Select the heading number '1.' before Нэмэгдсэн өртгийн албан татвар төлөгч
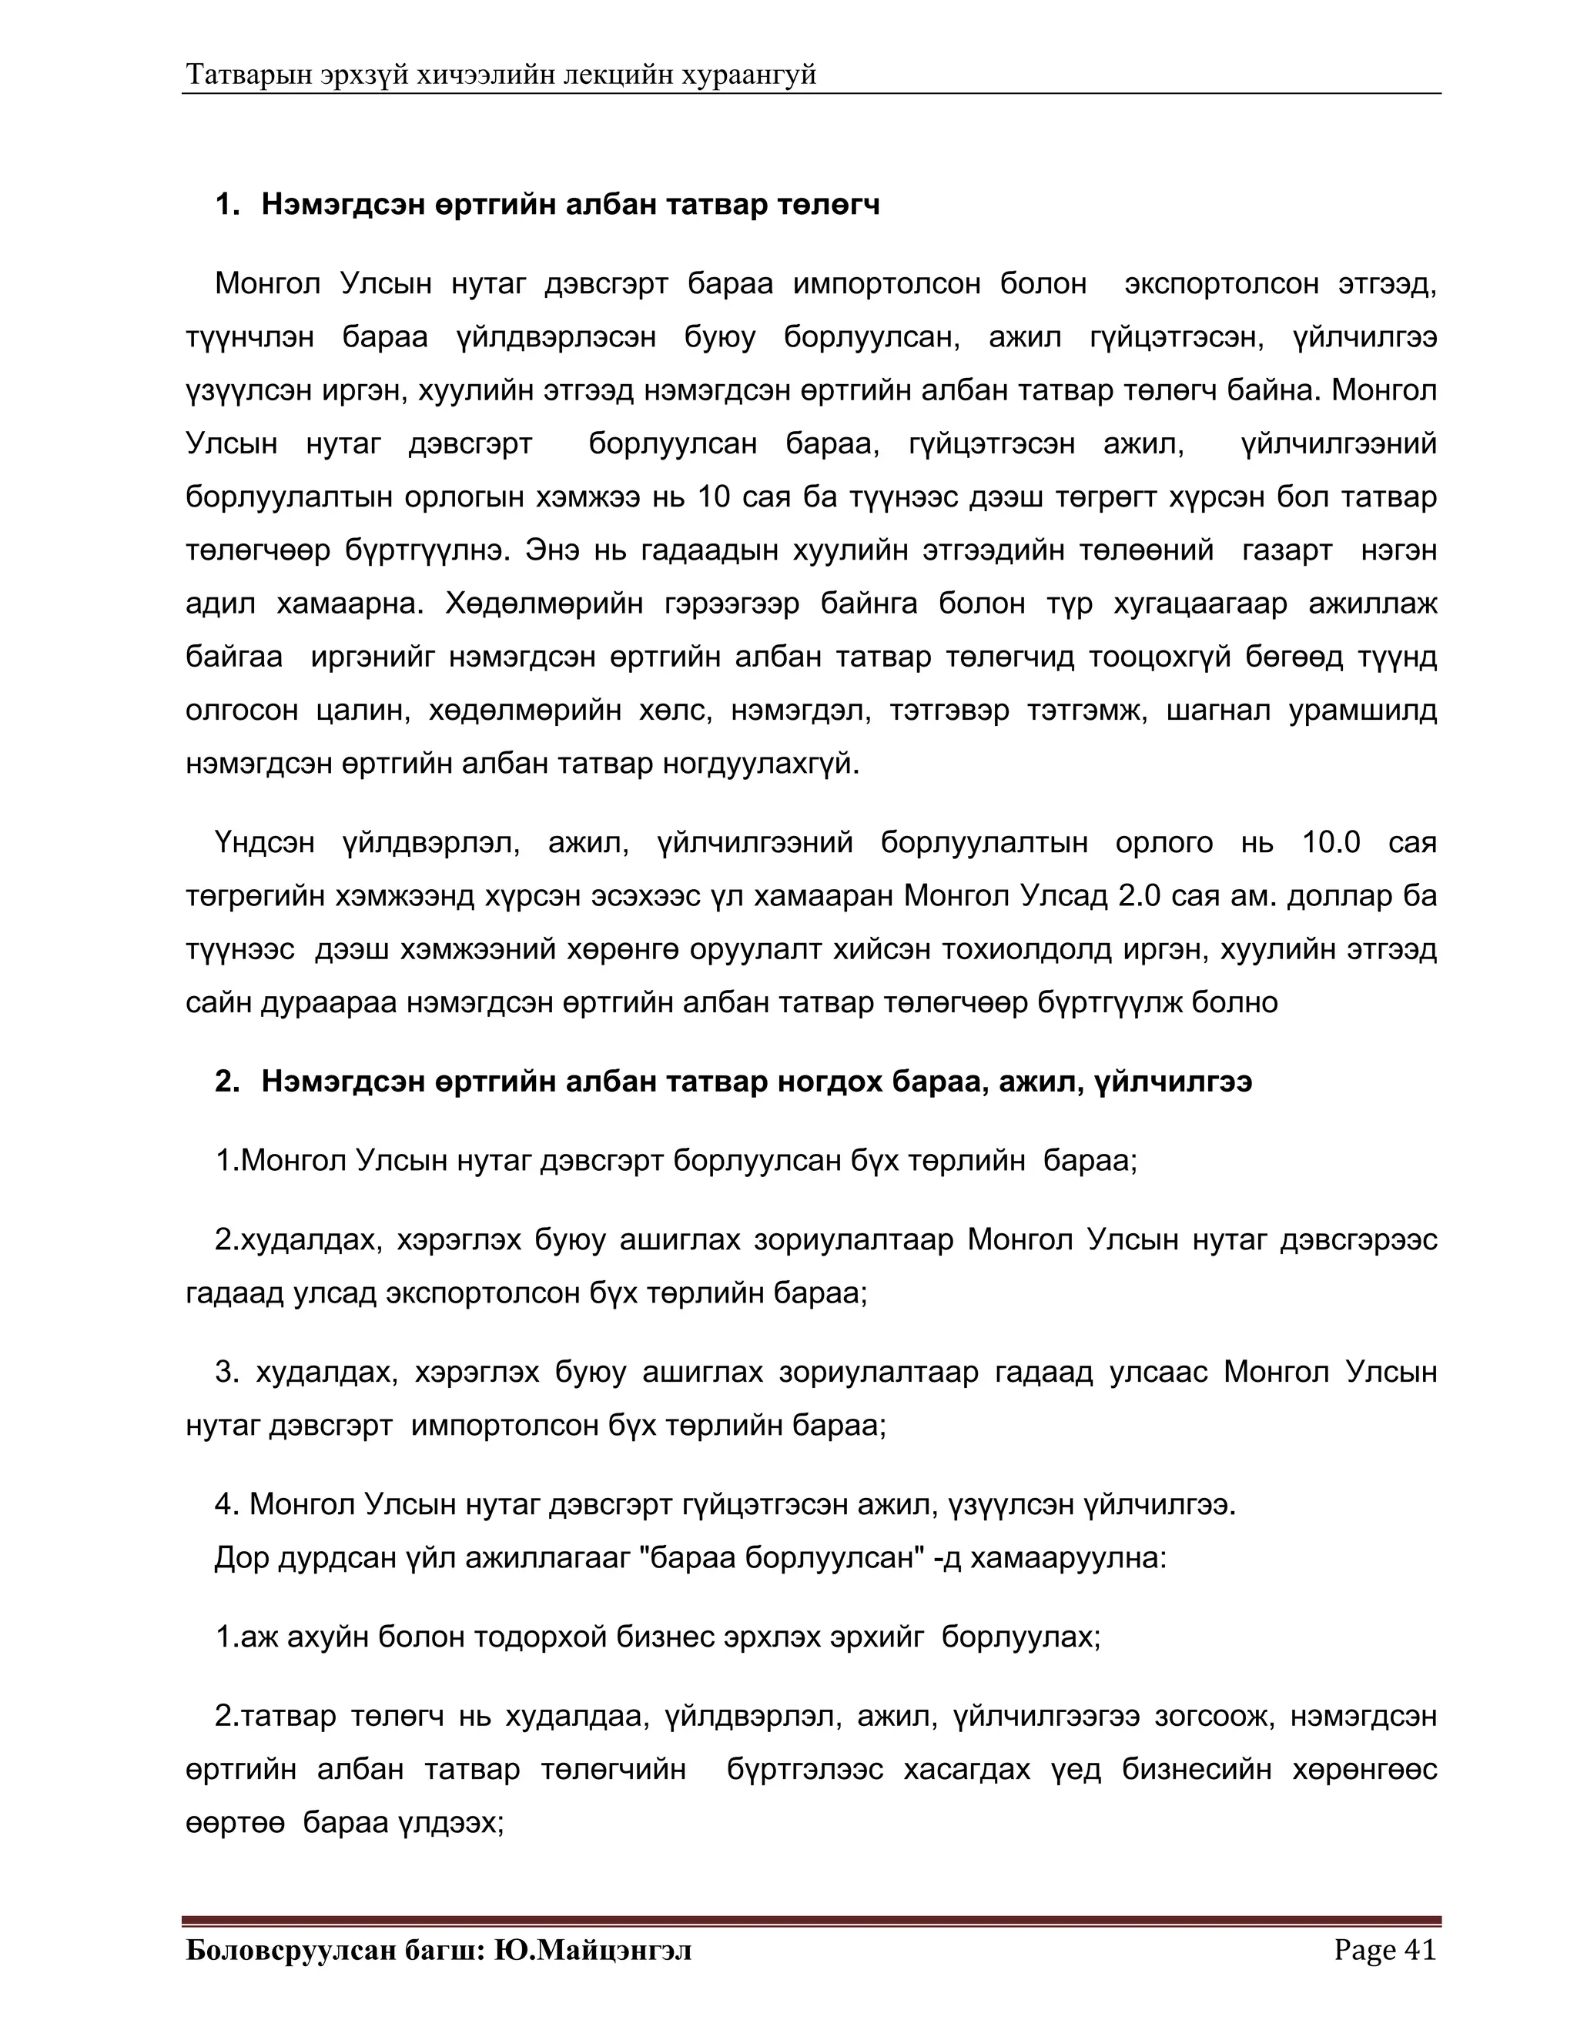pyautogui.click(x=228, y=204)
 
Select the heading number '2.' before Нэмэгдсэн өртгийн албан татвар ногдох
pyautogui.click(x=228, y=1082)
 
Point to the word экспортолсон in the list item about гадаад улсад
pyautogui.click(x=484, y=1294)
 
